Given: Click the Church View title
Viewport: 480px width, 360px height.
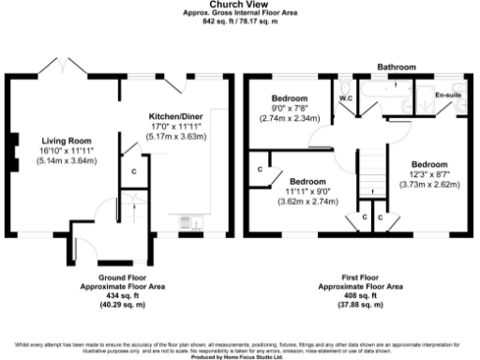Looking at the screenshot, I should pyautogui.click(x=240, y=5).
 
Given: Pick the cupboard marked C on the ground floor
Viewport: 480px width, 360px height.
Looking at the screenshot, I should pyautogui.click(x=134, y=171).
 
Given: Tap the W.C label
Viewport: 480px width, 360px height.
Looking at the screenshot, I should pyautogui.click(x=345, y=97).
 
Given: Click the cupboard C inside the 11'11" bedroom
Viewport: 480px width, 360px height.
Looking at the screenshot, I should pyautogui.click(x=260, y=170).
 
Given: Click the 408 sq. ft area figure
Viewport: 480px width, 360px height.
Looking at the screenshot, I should pyautogui.click(x=361, y=297).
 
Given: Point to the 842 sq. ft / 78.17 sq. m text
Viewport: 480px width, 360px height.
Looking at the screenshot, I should pyautogui.click(x=240, y=21).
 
